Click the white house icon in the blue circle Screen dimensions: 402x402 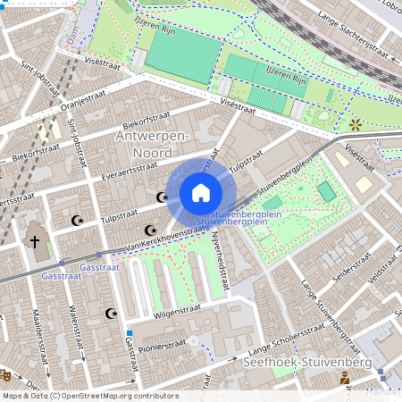(x=201, y=193)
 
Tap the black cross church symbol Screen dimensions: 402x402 (x=36, y=241)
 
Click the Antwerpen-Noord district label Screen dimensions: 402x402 (x=152, y=142)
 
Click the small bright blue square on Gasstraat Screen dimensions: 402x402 (x=130, y=333)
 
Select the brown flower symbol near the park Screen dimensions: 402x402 (x=356, y=124)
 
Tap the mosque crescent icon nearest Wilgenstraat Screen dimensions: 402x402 (x=112, y=314)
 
